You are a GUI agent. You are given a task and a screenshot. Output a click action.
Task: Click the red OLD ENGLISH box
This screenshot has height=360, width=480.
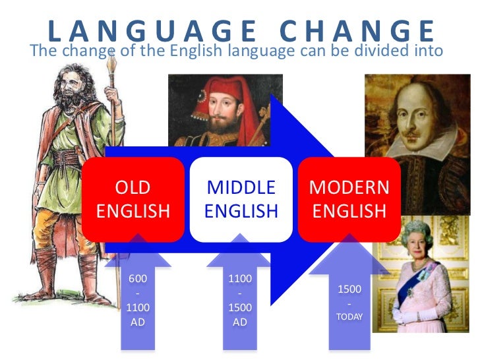point(133,199)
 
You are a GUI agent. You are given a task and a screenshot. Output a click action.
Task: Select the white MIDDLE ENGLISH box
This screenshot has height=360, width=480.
point(241,199)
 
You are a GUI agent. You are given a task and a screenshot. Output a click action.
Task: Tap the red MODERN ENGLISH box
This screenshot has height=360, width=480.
point(349,199)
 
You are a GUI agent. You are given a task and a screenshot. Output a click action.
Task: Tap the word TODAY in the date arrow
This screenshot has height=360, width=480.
point(349,316)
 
